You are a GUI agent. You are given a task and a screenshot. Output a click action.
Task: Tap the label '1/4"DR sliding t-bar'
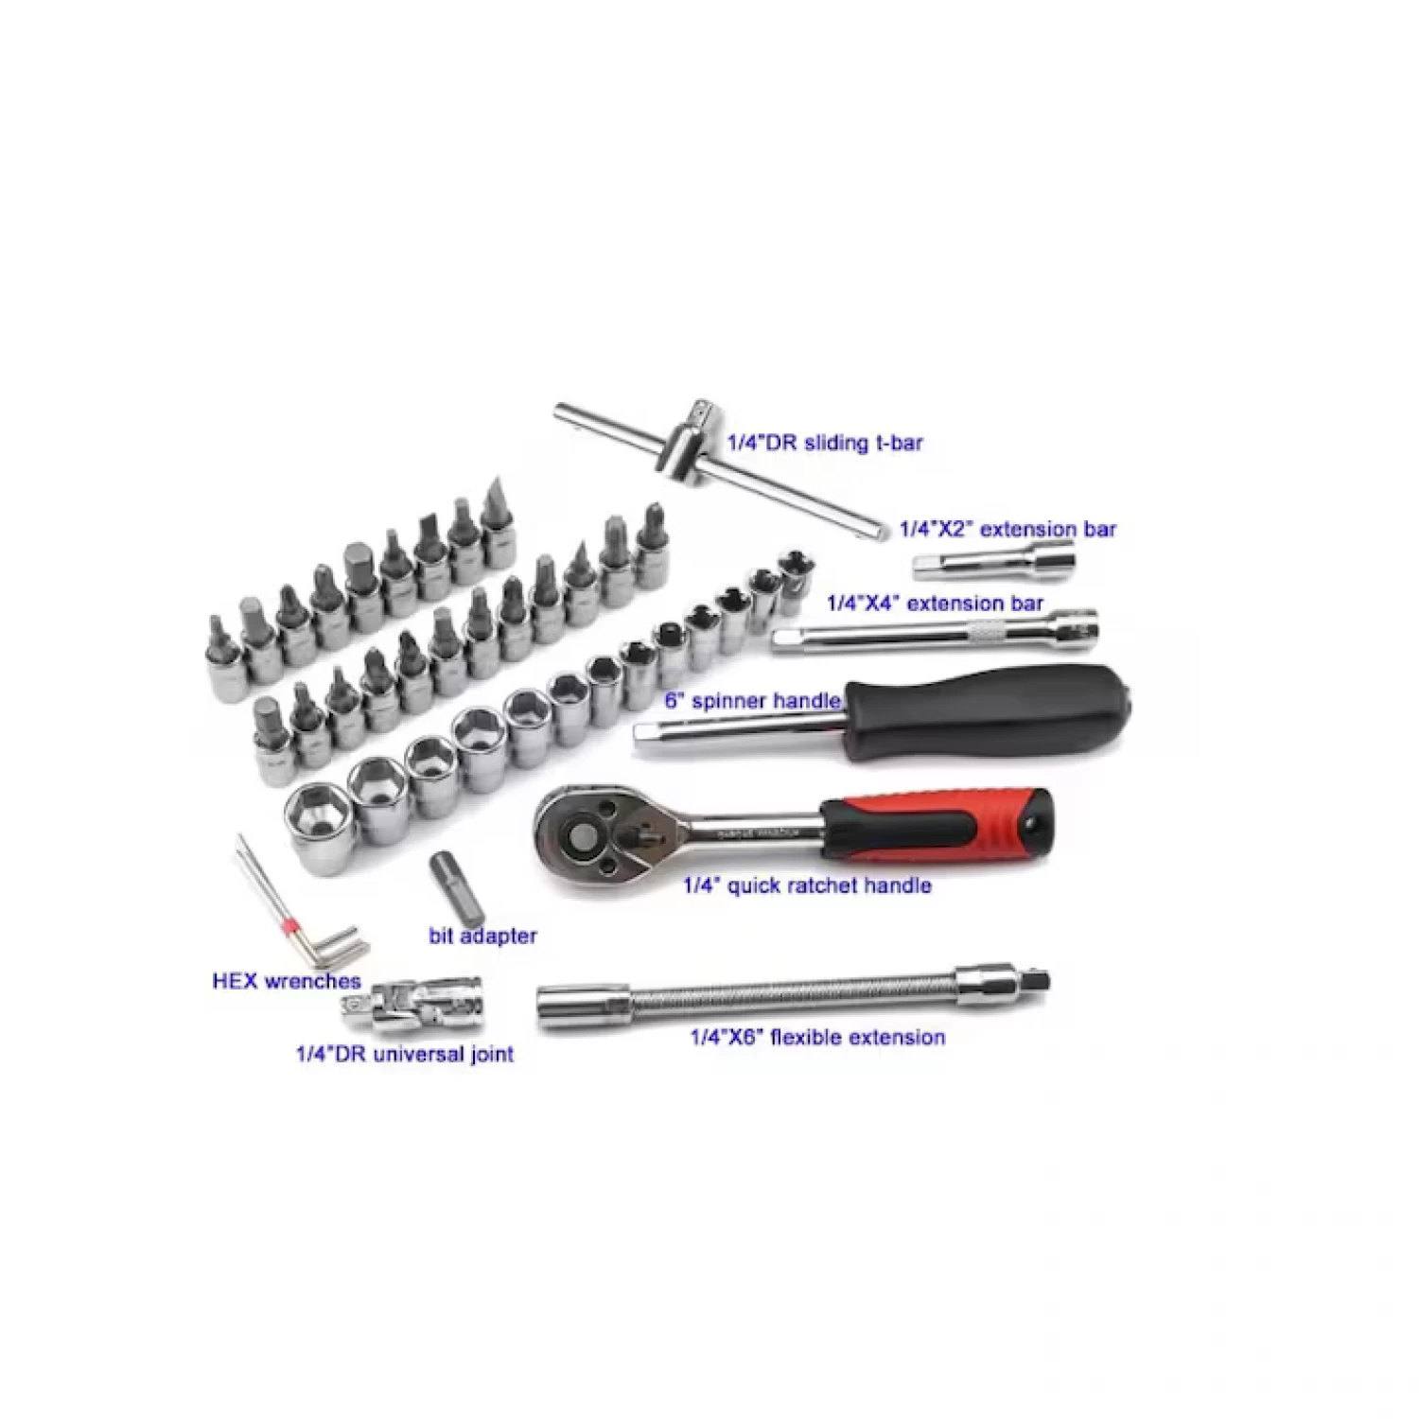coord(824,443)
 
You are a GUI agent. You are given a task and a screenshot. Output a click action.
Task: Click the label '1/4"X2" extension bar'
coord(1007,529)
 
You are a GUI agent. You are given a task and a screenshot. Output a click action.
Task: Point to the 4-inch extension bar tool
coord(932,632)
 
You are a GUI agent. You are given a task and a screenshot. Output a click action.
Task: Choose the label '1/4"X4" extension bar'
coord(935,604)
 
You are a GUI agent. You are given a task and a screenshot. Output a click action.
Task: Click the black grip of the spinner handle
coord(993,710)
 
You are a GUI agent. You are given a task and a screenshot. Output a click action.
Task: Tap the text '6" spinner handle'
coord(752,701)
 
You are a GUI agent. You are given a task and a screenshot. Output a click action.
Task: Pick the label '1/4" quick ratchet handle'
coord(807,886)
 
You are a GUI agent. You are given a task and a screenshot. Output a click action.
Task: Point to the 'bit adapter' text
coord(482,936)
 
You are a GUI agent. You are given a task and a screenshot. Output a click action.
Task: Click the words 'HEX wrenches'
coord(287,981)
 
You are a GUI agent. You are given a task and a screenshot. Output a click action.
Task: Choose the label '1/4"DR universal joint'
coord(405,1054)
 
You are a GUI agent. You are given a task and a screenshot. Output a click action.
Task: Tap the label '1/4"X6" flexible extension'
coord(817,1038)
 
